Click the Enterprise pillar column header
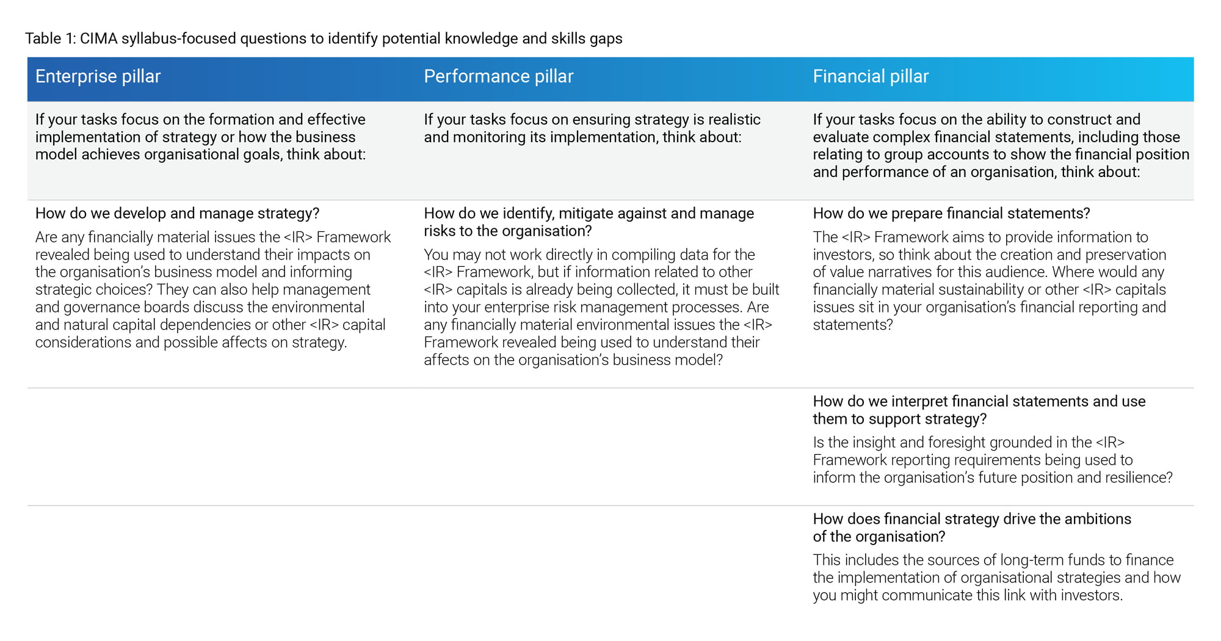[x=98, y=76]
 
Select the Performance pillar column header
[x=499, y=76]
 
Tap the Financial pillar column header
[x=871, y=76]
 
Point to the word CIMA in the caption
[x=98, y=38]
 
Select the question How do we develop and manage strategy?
[x=177, y=214]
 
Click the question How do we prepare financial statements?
[x=951, y=214]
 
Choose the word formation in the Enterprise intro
[x=228, y=120]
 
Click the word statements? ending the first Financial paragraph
[x=853, y=325]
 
